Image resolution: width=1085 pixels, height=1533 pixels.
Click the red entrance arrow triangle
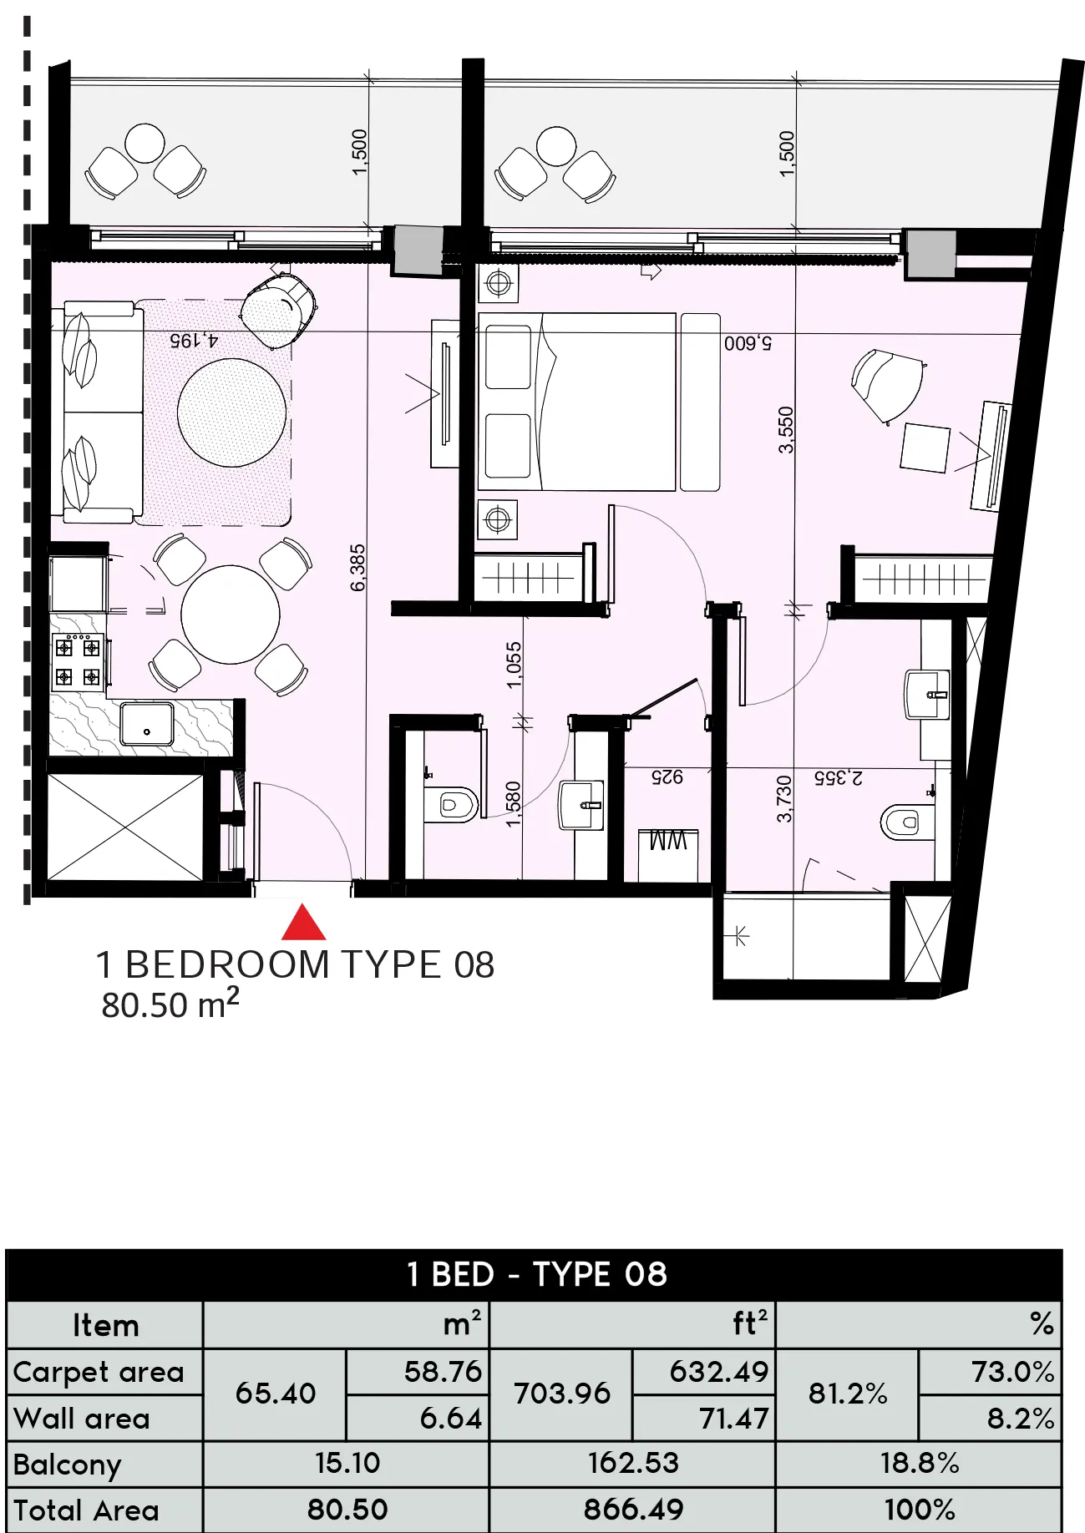pyautogui.click(x=303, y=923)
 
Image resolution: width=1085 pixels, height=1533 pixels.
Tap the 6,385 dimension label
pyautogui.click(x=357, y=568)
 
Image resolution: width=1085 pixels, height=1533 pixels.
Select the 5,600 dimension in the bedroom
pyautogui.click(x=748, y=342)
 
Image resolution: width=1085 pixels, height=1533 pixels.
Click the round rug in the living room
pyautogui.click(x=231, y=412)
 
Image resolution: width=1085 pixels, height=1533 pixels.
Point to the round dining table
pyautogui.click(x=231, y=615)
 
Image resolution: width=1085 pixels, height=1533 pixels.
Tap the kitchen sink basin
pyautogui.click(x=147, y=723)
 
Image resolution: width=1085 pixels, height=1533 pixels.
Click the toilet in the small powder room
pyautogui.click(x=451, y=805)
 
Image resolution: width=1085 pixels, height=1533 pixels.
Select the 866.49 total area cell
pyautogui.click(x=633, y=1509)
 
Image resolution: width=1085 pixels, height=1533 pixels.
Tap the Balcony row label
pyautogui.click(x=68, y=1464)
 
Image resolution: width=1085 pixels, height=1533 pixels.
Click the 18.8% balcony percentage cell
pyautogui.click(x=919, y=1463)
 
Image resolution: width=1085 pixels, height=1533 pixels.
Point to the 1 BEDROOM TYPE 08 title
pyautogui.click(x=296, y=965)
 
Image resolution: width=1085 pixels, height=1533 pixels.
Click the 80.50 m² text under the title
pyautogui.click(x=170, y=1004)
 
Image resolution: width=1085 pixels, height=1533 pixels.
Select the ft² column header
pyautogui.click(x=749, y=1323)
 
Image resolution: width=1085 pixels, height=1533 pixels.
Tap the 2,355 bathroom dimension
pyautogui.click(x=839, y=778)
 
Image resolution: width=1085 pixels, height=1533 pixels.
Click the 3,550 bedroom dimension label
pyautogui.click(x=786, y=429)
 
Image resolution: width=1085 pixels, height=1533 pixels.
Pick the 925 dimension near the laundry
pyautogui.click(x=667, y=777)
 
